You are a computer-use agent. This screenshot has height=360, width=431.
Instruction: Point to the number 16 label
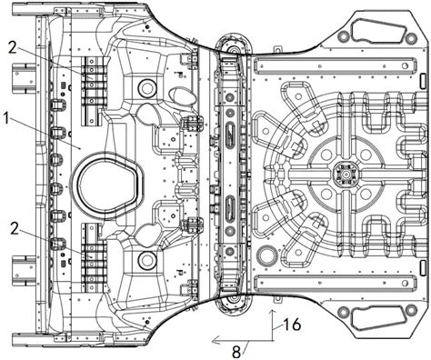point(292,325)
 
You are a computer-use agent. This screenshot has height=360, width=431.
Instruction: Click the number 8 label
point(236,352)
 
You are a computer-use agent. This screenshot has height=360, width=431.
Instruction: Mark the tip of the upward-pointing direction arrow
point(272,310)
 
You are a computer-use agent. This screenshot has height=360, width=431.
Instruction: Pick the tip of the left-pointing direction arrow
point(212,341)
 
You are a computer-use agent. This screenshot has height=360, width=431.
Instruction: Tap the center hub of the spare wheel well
point(345,175)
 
